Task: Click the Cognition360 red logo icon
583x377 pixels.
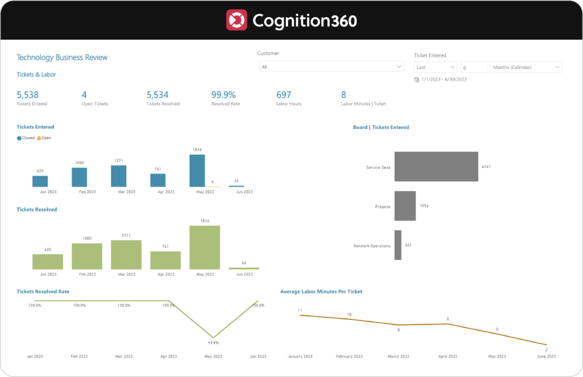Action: [x=236, y=20]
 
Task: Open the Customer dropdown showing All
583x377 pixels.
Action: [x=331, y=67]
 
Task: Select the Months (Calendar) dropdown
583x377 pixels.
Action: [x=525, y=67]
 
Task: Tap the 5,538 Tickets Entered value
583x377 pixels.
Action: [x=28, y=95]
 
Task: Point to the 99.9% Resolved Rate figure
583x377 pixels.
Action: [x=223, y=95]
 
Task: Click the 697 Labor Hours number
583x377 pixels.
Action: [x=284, y=95]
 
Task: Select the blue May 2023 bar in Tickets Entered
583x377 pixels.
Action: [x=197, y=171]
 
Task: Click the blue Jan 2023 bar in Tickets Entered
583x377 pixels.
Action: [x=40, y=181]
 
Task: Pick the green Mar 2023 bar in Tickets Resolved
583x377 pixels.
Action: [x=126, y=254]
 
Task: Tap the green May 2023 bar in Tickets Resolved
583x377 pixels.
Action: [x=204, y=247]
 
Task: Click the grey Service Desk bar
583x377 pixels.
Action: [x=436, y=167]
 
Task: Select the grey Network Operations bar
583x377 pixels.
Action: [x=398, y=245]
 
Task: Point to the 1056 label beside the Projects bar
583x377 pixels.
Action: [x=424, y=205]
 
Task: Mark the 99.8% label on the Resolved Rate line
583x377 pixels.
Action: [x=213, y=343]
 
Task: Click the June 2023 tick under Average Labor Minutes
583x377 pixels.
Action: [x=546, y=356]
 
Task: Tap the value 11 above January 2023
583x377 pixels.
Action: [x=299, y=310]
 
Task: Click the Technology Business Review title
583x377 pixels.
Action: [x=62, y=58]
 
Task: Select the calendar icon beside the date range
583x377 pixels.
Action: [x=417, y=79]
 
